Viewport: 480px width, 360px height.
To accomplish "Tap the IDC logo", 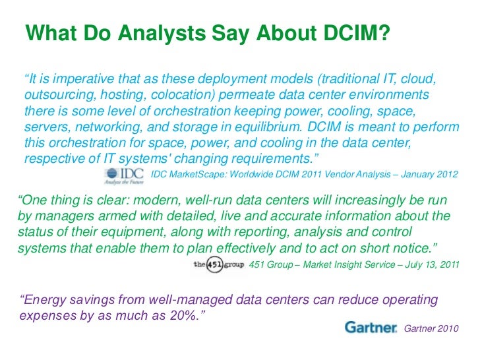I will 125,175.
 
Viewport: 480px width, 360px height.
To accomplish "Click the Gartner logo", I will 371,327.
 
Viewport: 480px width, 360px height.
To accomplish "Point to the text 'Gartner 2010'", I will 430,328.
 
